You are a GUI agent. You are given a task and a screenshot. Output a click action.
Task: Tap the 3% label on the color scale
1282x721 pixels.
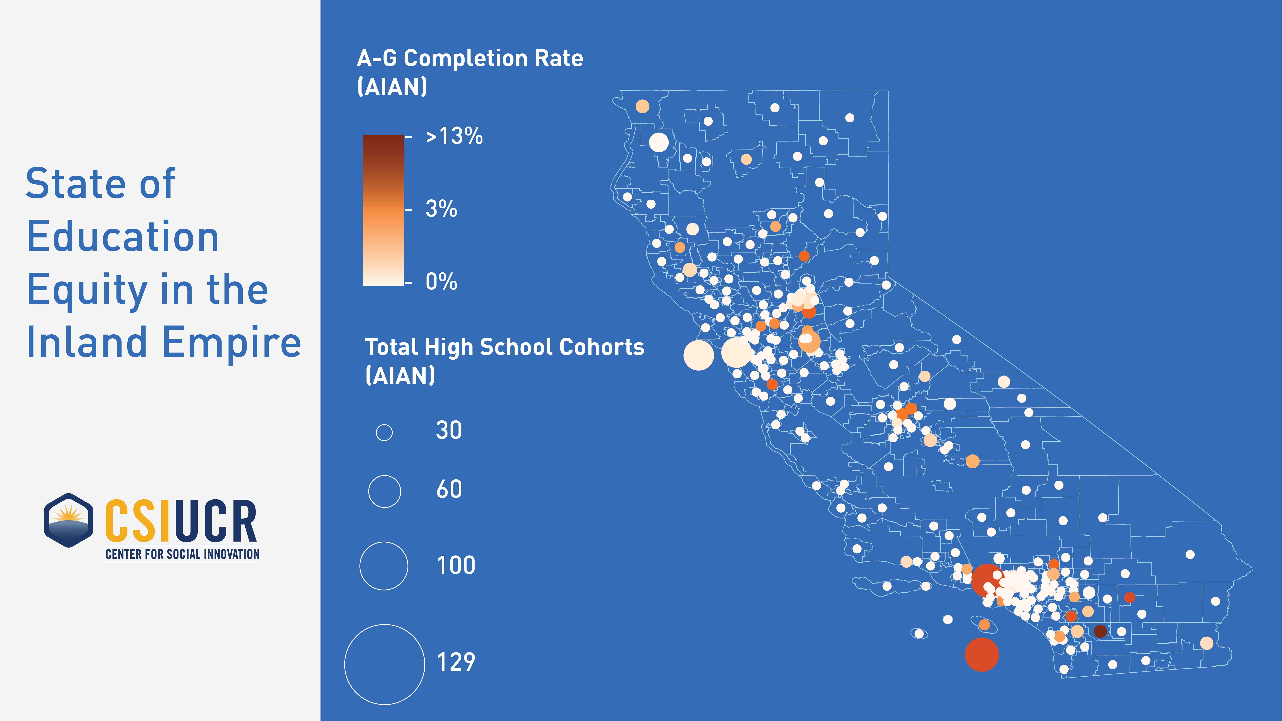pyautogui.click(x=441, y=209)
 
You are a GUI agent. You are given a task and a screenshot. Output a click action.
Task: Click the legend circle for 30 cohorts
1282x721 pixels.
pyautogui.click(x=384, y=432)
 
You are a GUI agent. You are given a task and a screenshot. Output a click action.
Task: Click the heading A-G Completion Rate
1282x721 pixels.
pyautogui.click(x=470, y=59)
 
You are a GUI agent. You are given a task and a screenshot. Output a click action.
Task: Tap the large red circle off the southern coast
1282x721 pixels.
pyautogui.click(x=981, y=655)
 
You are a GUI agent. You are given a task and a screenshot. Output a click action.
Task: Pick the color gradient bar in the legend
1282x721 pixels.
pyautogui.click(x=383, y=211)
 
